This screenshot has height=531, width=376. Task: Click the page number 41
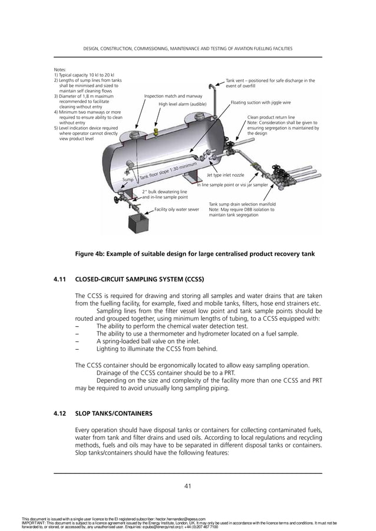187,486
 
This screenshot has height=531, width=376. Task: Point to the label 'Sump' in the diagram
128,180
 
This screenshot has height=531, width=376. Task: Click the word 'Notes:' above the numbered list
60,69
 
